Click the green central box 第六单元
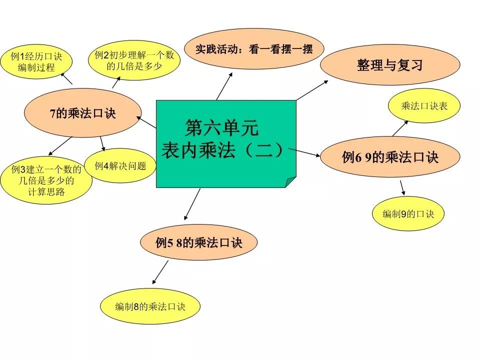tap(226, 144)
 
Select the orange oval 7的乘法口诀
tap(82, 113)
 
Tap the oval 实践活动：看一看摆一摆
tap(254, 49)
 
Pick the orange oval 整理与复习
tap(390, 65)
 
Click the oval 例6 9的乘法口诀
tap(390, 157)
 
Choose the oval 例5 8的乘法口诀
tap(198, 242)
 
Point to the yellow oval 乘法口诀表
tap(424, 106)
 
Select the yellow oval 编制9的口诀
tap(408, 213)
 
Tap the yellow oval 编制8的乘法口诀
tap(150, 306)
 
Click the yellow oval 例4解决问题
tap(120, 166)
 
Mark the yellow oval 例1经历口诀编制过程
tap(36, 61)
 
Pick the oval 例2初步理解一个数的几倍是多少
tap(134, 60)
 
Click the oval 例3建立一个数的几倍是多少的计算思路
tap(46, 180)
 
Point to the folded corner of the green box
tap(290, 182)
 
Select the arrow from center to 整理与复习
tap(312, 90)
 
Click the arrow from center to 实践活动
tap(224, 86)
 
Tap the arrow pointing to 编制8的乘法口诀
tap(160, 272)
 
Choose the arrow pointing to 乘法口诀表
tap(400, 128)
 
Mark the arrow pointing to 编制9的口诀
tap(402, 188)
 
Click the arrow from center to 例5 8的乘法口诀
tap(192, 204)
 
